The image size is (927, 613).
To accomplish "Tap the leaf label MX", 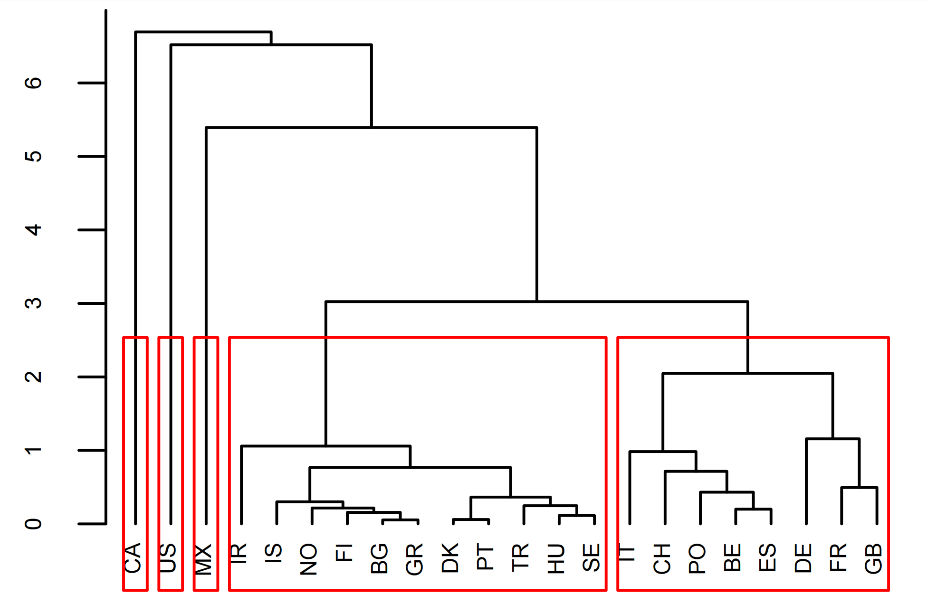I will click(x=204, y=559).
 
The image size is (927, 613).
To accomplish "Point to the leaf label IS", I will click(x=274, y=553).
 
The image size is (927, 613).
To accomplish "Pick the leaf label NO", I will click(x=309, y=559).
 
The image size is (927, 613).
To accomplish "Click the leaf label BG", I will click(x=380, y=559).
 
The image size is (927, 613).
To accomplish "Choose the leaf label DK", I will click(x=450, y=558).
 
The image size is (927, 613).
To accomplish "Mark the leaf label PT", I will click(x=485, y=557).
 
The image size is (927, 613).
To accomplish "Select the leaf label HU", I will click(x=556, y=559).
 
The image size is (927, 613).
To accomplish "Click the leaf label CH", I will click(x=662, y=559).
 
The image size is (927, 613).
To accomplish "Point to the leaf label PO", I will click(x=697, y=559).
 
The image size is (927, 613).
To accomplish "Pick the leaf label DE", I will click(x=803, y=558).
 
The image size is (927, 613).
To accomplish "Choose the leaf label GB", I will click(x=874, y=559).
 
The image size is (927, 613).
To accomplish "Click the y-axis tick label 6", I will click(x=33, y=83).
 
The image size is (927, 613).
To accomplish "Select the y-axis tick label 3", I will click(x=33, y=303).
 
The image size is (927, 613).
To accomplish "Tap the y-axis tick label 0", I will click(x=33, y=524).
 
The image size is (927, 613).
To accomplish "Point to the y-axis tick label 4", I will click(x=33, y=230).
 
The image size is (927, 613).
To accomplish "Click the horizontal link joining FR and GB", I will click(x=859, y=487).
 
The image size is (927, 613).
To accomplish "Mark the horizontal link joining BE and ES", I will click(x=753, y=509).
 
